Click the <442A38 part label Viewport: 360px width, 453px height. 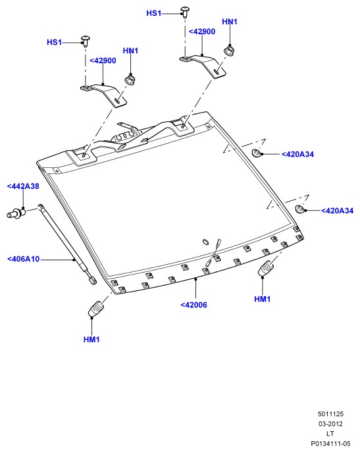(x=23, y=186)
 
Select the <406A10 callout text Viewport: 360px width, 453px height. (x=24, y=259)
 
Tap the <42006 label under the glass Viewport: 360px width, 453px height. (x=193, y=305)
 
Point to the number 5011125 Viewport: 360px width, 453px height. (x=330, y=414)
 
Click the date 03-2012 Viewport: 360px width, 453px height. (x=330, y=424)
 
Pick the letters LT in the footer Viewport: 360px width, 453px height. (x=330, y=434)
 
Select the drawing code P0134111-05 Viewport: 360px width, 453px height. (x=330, y=444)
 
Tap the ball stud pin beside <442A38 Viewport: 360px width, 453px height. (x=16, y=213)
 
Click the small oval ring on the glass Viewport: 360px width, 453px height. (x=205, y=242)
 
